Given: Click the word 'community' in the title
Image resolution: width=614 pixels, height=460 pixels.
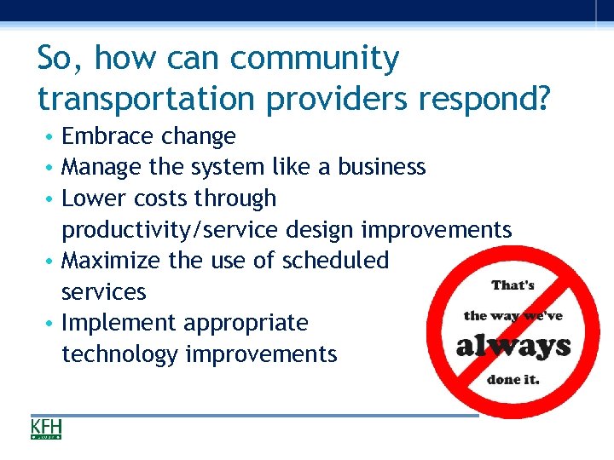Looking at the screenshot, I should click(315, 60).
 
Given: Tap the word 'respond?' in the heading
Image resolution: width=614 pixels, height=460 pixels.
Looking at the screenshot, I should click(485, 99).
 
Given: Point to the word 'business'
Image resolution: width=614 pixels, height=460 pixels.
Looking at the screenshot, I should click(381, 167).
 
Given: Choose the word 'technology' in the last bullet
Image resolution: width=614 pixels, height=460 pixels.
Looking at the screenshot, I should click(120, 354).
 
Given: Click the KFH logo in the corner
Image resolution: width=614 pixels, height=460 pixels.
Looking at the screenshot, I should click(46, 428).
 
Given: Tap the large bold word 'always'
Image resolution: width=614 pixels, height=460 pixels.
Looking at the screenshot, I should click(513, 346).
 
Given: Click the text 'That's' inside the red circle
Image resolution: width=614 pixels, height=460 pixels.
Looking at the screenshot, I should click(513, 285).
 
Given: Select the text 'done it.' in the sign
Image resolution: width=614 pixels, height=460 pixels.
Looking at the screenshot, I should click(513, 379).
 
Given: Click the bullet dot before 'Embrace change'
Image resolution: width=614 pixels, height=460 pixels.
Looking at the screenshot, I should click(53, 137).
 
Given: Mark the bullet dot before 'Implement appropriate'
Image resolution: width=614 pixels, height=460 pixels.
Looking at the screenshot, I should click(53, 324).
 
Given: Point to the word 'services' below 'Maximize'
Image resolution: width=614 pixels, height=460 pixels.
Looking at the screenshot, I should click(104, 292).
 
